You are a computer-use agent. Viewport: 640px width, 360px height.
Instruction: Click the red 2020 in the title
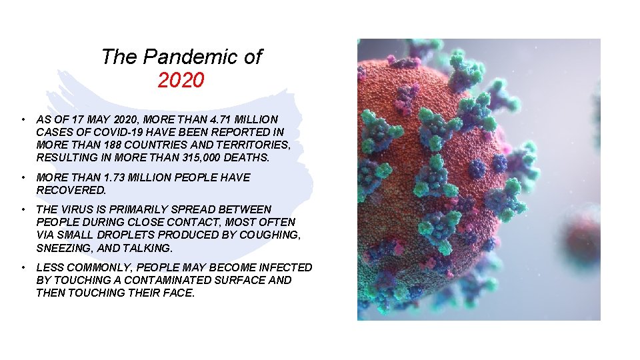[x=181, y=81]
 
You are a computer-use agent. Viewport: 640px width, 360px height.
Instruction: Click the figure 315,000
[x=201, y=158]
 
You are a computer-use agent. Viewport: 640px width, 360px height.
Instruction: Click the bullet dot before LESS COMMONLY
[x=23, y=267]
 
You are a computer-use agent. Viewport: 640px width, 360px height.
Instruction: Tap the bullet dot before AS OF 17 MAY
[x=23, y=119]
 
